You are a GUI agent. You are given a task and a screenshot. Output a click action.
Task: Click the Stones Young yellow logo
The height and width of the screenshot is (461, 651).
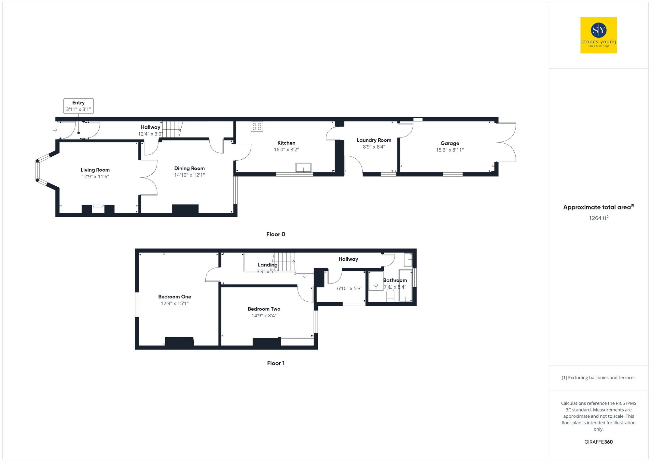[598, 35]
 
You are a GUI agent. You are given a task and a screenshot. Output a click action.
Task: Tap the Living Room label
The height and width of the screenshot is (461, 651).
[95, 170]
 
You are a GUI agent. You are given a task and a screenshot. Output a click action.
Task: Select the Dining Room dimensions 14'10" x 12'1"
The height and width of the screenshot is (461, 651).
[189, 175]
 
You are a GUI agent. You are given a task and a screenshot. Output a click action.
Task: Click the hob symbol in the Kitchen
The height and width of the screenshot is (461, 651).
[257, 126]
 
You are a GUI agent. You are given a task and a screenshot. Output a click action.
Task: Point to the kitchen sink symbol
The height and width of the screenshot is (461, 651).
[303, 167]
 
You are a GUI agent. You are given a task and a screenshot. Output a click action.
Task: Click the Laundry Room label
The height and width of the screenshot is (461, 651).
[374, 140]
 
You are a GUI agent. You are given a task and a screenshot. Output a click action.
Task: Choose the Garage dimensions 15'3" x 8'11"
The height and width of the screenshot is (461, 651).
[450, 150]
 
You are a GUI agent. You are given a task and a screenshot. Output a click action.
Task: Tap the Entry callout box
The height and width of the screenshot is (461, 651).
[78, 106]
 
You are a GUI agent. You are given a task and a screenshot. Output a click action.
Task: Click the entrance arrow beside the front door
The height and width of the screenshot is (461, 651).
[55, 130]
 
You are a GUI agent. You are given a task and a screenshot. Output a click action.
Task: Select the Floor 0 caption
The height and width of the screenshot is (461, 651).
[276, 234]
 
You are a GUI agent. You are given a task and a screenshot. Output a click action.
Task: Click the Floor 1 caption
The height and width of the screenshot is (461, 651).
[276, 363]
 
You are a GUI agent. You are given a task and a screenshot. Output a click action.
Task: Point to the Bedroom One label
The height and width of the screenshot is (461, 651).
[174, 296]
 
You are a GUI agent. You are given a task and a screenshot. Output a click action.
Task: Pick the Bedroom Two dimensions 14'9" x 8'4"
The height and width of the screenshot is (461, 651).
[264, 316]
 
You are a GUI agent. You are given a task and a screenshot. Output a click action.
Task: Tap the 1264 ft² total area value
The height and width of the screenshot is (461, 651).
[598, 218]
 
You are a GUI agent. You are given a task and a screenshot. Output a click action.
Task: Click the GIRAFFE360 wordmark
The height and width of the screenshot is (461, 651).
[598, 442]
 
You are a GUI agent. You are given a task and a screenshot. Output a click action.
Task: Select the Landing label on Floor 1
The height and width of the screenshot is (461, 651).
[268, 265]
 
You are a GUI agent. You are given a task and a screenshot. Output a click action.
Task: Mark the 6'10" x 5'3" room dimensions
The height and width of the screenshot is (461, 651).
[349, 288]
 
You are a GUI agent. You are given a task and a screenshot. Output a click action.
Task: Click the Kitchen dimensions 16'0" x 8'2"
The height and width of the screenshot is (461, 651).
[286, 150]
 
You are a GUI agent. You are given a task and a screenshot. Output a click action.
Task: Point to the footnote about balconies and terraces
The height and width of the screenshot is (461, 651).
[598, 378]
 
